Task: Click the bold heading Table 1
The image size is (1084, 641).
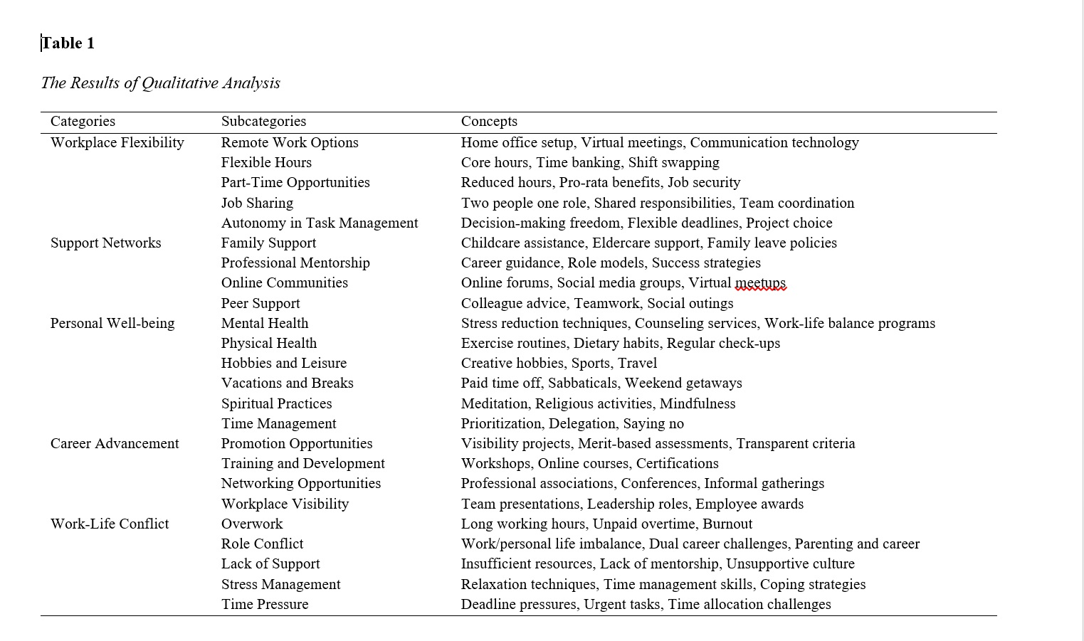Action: pyautogui.click(x=68, y=43)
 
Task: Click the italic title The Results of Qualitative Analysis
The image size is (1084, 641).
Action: pyautogui.click(x=161, y=83)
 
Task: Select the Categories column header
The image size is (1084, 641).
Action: pyautogui.click(x=83, y=122)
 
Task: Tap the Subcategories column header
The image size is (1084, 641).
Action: pyautogui.click(x=263, y=122)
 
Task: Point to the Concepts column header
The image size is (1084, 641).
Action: pyautogui.click(x=489, y=122)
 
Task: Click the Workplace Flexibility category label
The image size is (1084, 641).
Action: pyautogui.click(x=117, y=142)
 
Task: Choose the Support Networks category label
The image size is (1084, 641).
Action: pyautogui.click(x=106, y=243)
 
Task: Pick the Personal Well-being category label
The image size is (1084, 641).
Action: pyautogui.click(x=112, y=323)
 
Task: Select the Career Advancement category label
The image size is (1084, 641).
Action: pyautogui.click(x=115, y=443)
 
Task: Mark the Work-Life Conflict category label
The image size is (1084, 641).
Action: pyautogui.click(x=110, y=524)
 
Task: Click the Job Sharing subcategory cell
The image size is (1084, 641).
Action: pyautogui.click(x=257, y=203)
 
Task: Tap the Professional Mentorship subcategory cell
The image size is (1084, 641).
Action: pyautogui.click(x=295, y=263)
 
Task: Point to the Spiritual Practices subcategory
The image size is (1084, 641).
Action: pyautogui.click(x=276, y=403)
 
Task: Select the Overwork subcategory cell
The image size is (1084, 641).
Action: pyautogui.click(x=252, y=524)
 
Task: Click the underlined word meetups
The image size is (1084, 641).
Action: pyautogui.click(x=760, y=283)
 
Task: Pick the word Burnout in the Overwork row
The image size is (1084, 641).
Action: pyautogui.click(x=727, y=524)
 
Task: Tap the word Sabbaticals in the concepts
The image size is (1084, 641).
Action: pyautogui.click(x=583, y=383)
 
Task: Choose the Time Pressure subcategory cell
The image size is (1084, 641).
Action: pyautogui.click(x=265, y=604)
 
